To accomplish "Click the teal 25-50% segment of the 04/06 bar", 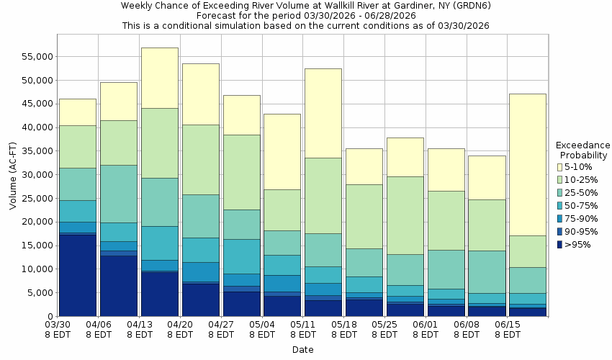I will click(x=118, y=194).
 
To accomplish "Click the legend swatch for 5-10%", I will click(x=559, y=167).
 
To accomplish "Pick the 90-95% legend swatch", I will click(x=559, y=232).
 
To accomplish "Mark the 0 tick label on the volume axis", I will click(x=48, y=317).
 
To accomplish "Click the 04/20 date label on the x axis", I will click(x=181, y=330).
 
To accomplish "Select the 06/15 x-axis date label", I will click(x=509, y=330).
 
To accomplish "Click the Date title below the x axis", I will click(x=302, y=350).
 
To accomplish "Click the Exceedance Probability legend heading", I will click(x=582, y=150).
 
